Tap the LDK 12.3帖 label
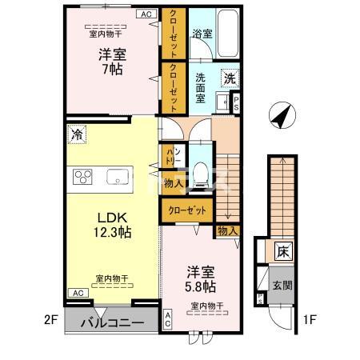pyautogui.click(x=114, y=225)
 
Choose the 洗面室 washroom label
pyautogui.click(x=202, y=86)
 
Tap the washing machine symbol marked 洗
pyautogui.click(x=230, y=79)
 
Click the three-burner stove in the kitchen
pyautogui.click(x=85, y=178)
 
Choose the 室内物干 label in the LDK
pyautogui.click(x=112, y=279)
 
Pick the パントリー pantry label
pyautogui.click(x=172, y=157)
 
